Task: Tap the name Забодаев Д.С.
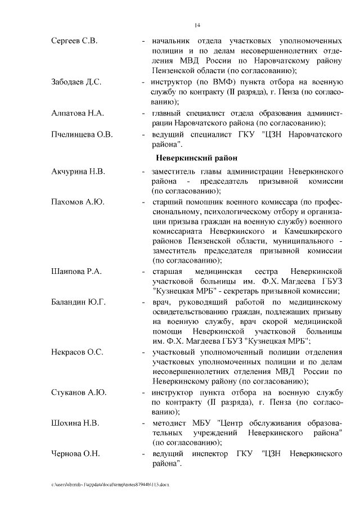[x=76, y=82]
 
